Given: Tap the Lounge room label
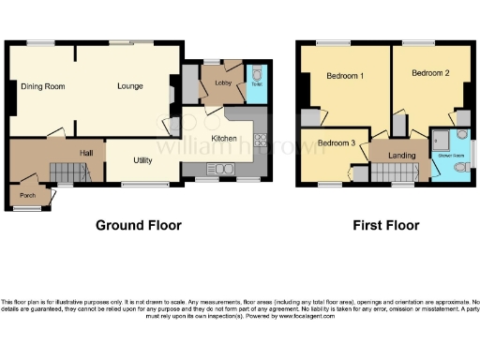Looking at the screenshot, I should [130, 86].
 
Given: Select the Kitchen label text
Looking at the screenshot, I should [223, 138].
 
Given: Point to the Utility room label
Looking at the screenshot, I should [142, 160].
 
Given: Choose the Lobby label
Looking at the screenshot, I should [223, 83].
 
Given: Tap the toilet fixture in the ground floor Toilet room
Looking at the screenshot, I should [256, 76].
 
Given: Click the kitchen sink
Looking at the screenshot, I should [225, 170].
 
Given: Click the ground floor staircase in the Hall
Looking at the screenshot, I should [64, 171].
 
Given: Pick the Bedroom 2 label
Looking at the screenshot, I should [428, 72].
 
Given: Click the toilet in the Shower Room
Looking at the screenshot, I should [457, 168].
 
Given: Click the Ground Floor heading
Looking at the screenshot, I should [139, 226].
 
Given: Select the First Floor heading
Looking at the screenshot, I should [384, 226].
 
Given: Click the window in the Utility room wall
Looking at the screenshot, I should [138, 183].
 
